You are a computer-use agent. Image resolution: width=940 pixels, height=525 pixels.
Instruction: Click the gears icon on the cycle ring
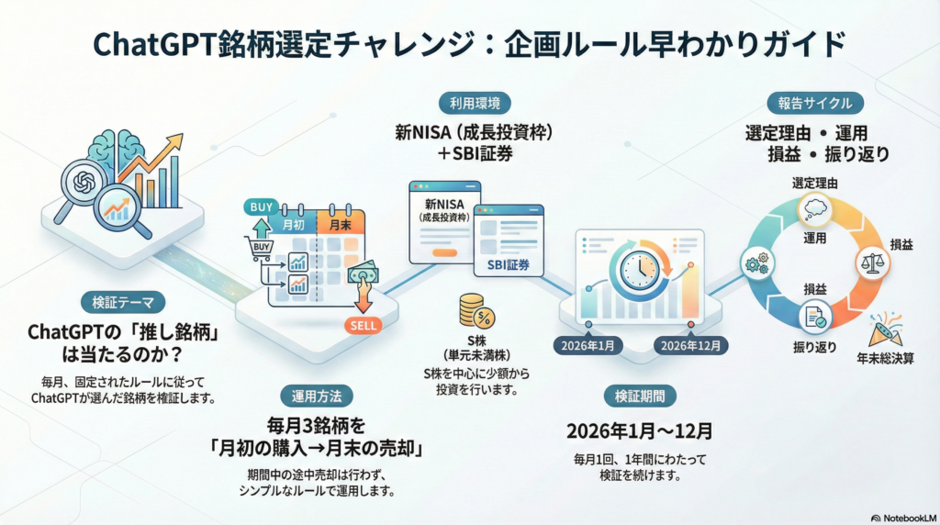pyautogui.click(x=756, y=264)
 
